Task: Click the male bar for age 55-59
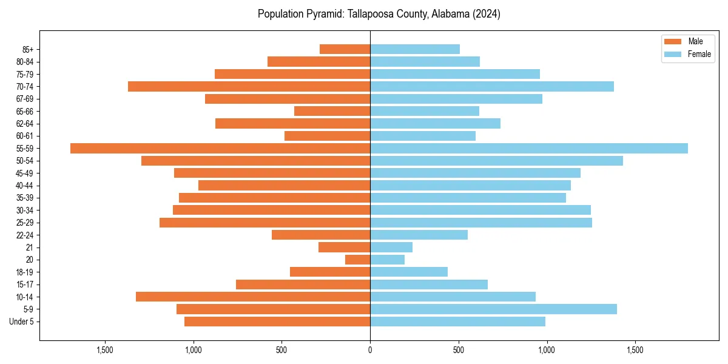click(220, 148)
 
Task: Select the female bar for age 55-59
click(529, 148)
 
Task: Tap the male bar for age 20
click(357, 260)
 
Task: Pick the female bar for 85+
click(415, 49)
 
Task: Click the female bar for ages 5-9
click(493, 309)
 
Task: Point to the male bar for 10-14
click(253, 297)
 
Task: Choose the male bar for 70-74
click(249, 86)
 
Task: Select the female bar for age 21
click(391, 247)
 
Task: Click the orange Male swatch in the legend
click(673, 41)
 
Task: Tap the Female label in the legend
click(699, 54)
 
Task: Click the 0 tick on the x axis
click(370, 350)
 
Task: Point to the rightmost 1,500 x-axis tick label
click(635, 350)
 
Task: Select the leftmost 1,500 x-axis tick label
click(105, 350)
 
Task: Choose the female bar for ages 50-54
click(496, 161)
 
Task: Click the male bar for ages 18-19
click(330, 272)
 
